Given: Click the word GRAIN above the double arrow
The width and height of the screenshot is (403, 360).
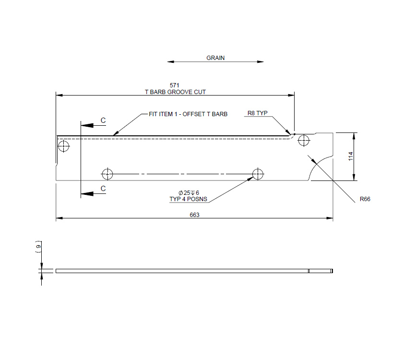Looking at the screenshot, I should click(215, 58).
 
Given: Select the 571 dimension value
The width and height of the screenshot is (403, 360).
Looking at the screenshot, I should click(175, 85).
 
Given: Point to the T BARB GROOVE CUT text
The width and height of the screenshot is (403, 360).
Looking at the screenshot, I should click(175, 91).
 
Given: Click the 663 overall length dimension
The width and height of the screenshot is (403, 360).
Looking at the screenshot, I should click(194, 215).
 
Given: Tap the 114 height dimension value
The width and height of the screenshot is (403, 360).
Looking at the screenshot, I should click(351, 156).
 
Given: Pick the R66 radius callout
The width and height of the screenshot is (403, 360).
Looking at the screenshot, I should click(366, 199).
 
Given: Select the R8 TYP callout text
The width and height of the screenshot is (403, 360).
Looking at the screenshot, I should click(257, 113).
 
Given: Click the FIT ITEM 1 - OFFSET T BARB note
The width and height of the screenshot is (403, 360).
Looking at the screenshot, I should click(188, 114).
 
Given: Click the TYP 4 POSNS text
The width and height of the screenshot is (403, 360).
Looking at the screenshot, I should click(189, 199).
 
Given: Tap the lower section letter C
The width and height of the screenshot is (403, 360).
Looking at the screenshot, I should click(103, 189).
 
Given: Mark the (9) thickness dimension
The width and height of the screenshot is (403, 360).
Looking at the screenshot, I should click(38, 247).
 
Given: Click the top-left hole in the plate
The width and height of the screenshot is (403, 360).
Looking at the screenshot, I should click(63, 145).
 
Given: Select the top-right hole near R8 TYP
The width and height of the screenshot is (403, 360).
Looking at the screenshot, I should click(303, 140).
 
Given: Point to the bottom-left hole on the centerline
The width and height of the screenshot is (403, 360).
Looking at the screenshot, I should click(107, 173).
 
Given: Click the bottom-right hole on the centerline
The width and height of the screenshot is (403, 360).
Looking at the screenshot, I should click(258, 173).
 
